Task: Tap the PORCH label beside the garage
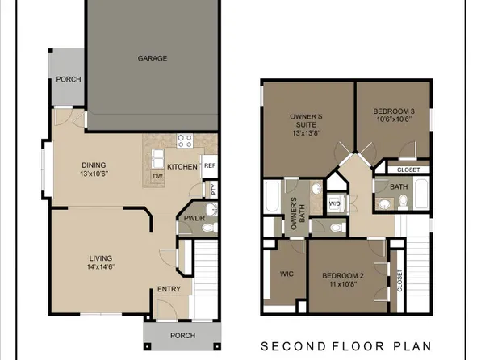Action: (67, 79)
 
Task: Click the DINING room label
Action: (94, 165)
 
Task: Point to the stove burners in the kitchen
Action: (185, 140)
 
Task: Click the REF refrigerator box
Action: (209, 165)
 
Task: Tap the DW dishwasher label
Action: (159, 176)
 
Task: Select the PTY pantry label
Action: (214, 190)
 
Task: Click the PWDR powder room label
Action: (194, 218)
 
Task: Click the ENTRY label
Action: (169, 289)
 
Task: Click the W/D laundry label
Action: (333, 203)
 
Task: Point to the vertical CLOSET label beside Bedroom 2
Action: (399, 280)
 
